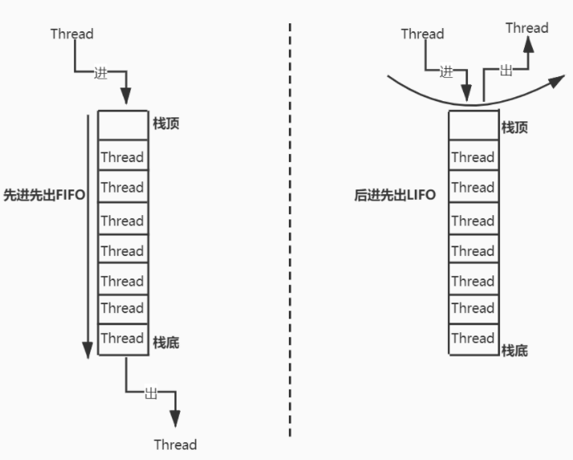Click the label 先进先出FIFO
tap(44, 194)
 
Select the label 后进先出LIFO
tap(395, 194)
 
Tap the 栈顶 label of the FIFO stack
tap(166, 124)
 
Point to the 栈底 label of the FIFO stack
tap(166, 343)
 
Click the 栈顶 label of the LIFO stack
tap(514, 127)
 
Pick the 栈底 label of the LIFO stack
tap(514, 350)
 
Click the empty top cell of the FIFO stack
tap(123, 125)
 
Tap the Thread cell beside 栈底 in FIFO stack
tap(123, 338)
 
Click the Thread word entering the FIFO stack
tap(71, 34)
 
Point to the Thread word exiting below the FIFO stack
tap(175, 445)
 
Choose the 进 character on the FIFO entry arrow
tap(100, 72)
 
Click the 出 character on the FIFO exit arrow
tap(150, 393)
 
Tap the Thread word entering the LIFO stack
tap(422, 34)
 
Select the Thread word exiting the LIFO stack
tap(526, 28)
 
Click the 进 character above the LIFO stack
tap(447, 71)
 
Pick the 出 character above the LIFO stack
tap(506, 71)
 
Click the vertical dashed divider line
tap(290, 233)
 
